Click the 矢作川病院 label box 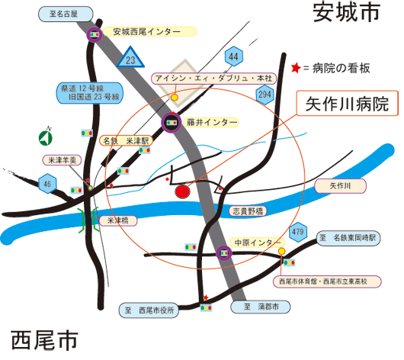pos(348,103)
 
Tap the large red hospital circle pos(182,191)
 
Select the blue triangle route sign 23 pos(130,57)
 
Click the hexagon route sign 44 pos(234,56)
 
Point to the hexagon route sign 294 pos(265,95)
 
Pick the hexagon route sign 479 pos(298,232)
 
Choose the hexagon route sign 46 pos(47,184)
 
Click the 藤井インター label pos(212,122)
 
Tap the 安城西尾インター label pos(149,32)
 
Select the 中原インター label pos(257,243)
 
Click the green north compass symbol pos(46,137)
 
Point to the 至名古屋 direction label pos(66,14)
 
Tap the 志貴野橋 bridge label pos(248,211)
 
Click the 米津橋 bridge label pos(118,220)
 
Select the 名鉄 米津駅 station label pos(126,141)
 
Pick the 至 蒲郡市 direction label pos(261,307)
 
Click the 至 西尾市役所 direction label pos(149,310)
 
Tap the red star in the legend pos(296,68)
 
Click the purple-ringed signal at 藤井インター pos(172,123)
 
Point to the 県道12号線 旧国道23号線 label pos(90,93)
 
